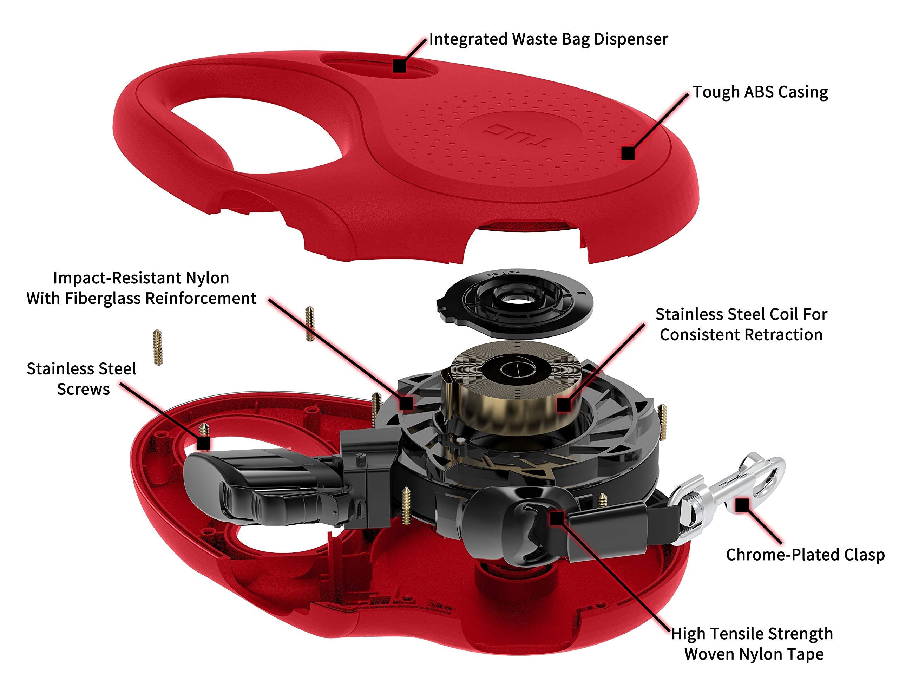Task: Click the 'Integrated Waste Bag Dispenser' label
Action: (x=548, y=40)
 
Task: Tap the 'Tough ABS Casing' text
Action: (x=760, y=92)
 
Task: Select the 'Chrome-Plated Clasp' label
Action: (x=805, y=555)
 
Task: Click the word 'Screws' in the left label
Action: (x=83, y=389)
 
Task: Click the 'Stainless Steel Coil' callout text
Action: (x=741, y=314)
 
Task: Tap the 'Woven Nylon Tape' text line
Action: (x=754, y=654)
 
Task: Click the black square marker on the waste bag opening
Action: (x=399, y=66)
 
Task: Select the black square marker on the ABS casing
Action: (x=628, y=153)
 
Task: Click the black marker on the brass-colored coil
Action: (x=564, y=405)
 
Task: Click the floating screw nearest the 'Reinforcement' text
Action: (x=310, y=324)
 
